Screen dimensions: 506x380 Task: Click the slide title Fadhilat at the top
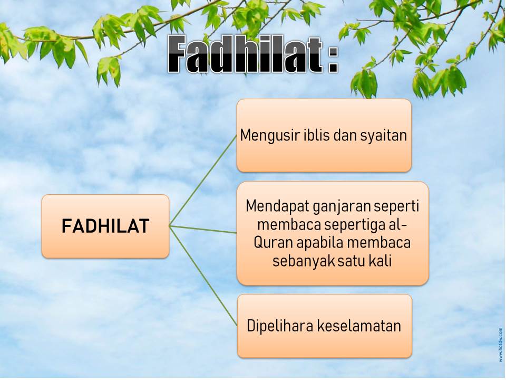coord(245,54)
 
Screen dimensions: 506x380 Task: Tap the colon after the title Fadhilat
coord(333,60)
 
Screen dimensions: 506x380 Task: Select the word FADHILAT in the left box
coord(105,226)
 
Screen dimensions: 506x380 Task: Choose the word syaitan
coord(383,136)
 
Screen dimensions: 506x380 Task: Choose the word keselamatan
coord(359,326)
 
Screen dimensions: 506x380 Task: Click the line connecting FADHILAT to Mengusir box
coord(203,180)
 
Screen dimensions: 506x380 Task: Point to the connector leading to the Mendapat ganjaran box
coord(203,230)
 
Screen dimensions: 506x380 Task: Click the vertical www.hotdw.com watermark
coord(501,345)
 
